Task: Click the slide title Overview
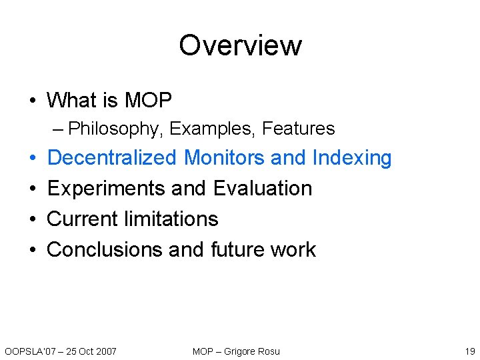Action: pos(240,45)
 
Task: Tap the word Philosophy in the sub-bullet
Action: pos(115,128)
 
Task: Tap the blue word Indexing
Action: pos(351,159)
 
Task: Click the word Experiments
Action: pos(107,189)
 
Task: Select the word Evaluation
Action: pos(263,189)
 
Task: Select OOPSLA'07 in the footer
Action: pos(27,351)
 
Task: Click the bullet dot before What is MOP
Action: pos(33,101)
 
